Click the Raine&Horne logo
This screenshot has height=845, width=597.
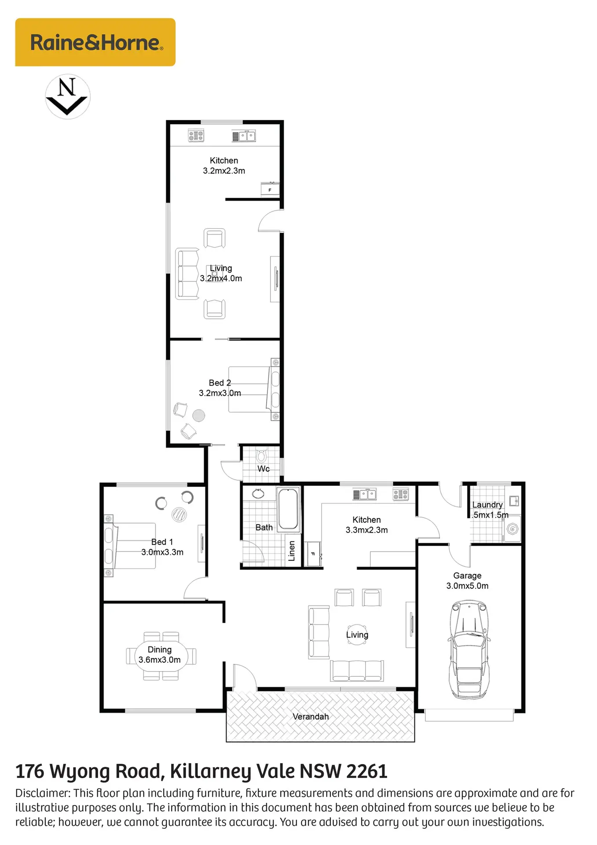pyautogui.click(x=95, y=42)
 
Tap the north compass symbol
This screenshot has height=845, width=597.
pyautogui.click(x=68, y=96)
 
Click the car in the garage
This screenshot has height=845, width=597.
pyautogui.click(x=469, y=650)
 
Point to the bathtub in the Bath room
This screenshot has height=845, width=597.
pyautogui.click(x=288, y=509)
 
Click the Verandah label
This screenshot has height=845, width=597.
pyautogui.click(x=311, y=716)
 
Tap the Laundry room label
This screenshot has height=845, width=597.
pyautogui.click(x=487, y=505)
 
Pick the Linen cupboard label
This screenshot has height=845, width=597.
pyautogui.click(x=291, y=551)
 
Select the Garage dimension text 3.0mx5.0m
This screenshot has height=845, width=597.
pyautogui.click(x=467, y=586)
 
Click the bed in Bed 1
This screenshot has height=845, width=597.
pyautogui.click(x=130, y=546)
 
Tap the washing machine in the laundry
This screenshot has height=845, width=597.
pyautogui.click(x=513, y=529)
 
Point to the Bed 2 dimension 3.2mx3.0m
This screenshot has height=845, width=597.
pyautogui.click(x=220, y=393)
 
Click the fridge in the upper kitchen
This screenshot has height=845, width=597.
pyautogui.click(x=270, y=189)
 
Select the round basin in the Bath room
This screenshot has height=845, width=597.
pyautogui.click(x=258, y=493)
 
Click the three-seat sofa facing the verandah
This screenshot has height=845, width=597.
pyautogui.click(x=357, y=671)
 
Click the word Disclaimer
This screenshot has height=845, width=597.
pyautogui.click(x=43, y=793)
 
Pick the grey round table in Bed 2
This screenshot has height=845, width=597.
pyautogui.click(x=199, y=415)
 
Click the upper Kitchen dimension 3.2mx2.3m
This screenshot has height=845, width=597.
pyautogui.click(x=224, y=171)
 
